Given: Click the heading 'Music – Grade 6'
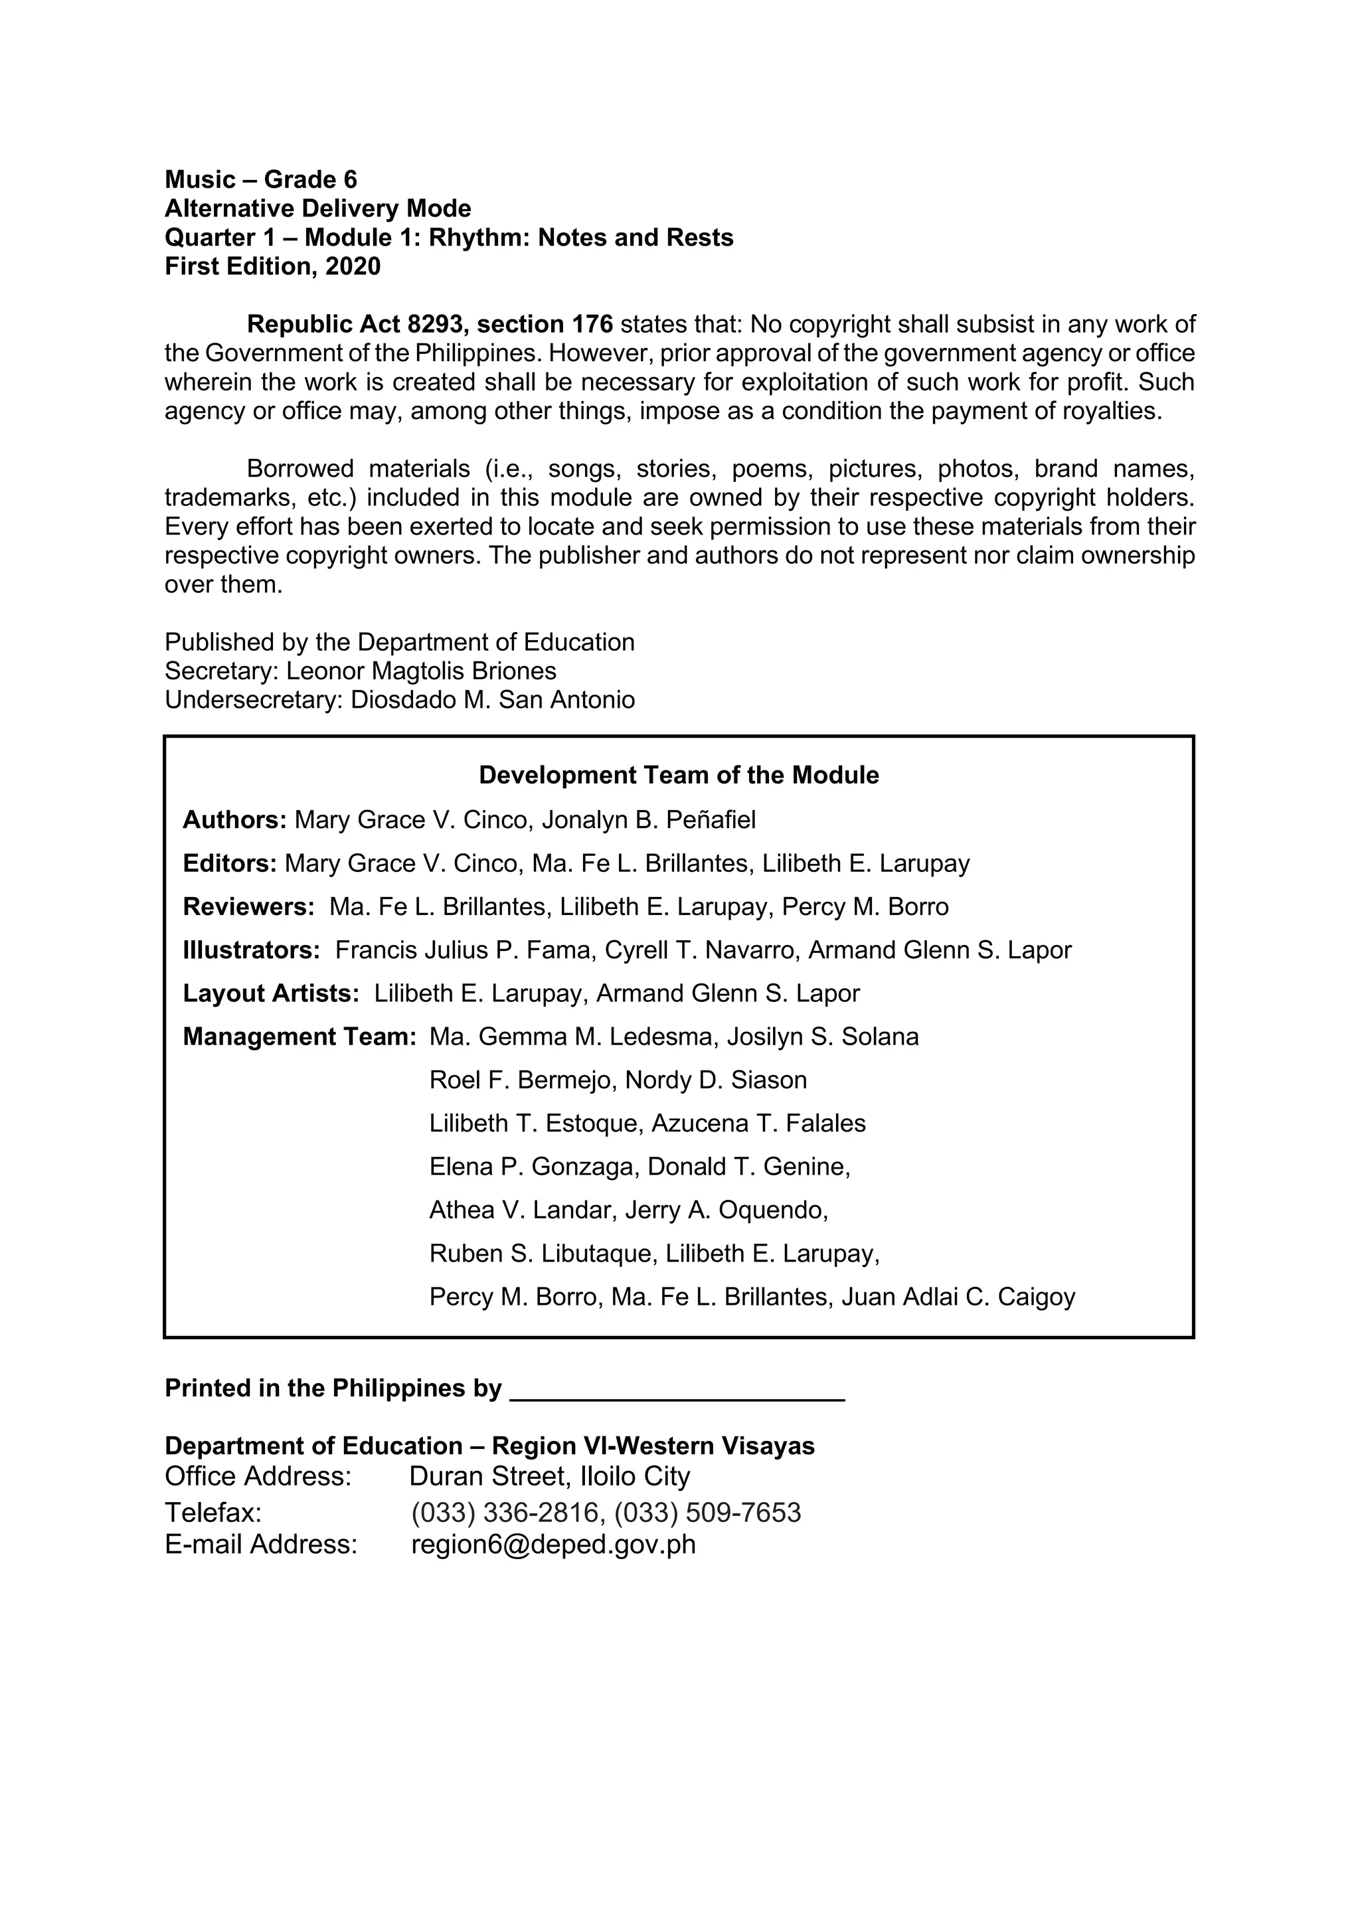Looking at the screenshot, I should click(260, 179).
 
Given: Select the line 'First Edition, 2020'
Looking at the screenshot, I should click(272, 266).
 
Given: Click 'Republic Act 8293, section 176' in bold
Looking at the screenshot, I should click(430, 324).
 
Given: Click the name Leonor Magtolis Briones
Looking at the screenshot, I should click(421, 671).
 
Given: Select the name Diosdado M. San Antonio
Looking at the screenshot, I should click(493, 699).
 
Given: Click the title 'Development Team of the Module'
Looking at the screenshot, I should click(678, 775).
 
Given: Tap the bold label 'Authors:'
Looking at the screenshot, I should click(234, 819).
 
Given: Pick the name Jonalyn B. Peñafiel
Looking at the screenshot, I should click(648, 819).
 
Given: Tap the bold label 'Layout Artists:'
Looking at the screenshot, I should click(270, 993).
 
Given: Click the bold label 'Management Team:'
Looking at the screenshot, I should click(299, 1037).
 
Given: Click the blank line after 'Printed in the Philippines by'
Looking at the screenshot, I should click(677, 1390).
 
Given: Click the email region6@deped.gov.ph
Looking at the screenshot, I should click(552, 1544).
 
